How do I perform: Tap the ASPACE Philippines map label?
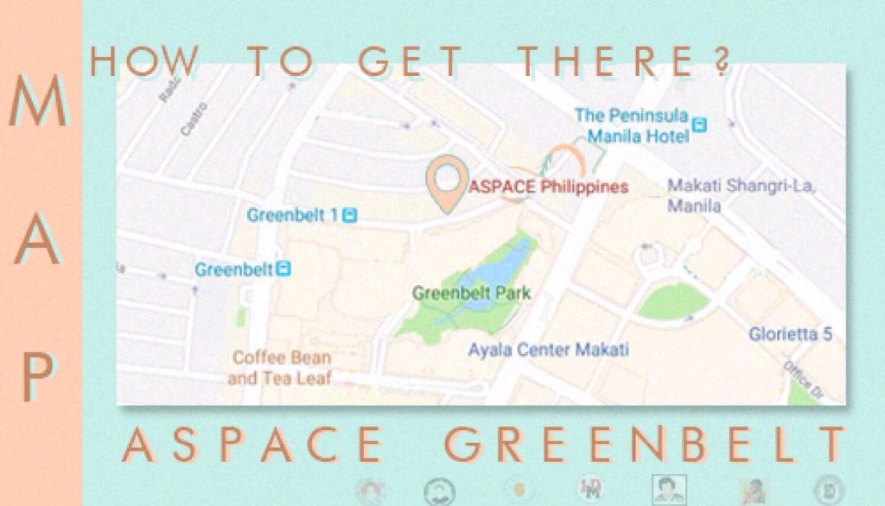(548, 187)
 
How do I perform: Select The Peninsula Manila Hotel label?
(632, 126)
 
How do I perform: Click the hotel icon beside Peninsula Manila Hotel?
(700, 125)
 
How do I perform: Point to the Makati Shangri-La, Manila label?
(742, 196)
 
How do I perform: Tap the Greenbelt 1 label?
(292, 214)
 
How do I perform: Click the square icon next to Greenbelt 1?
(349, 214)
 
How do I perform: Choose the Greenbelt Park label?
(471, 294)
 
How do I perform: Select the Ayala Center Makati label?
(548, 350)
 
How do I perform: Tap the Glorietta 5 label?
(790, 333)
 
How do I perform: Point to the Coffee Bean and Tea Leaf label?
(280, 367)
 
